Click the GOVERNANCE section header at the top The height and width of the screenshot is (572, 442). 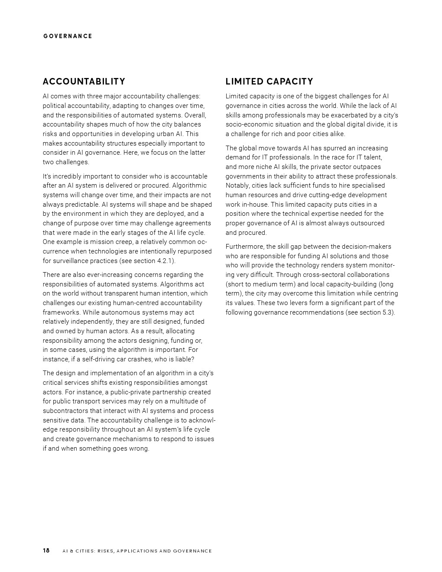click(x=68, y=36)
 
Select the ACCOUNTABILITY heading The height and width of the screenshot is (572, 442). click(x=84, y=81)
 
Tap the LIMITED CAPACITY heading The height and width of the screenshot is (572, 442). click(x=269, y=81)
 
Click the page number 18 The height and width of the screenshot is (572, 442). click(x=46, y=551)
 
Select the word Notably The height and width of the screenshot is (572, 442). click(x=237, y=185)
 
